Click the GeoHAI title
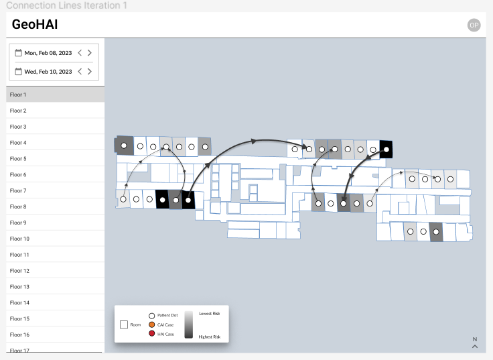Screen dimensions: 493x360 (x=35, y=25)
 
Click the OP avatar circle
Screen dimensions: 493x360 (x=474, y=25)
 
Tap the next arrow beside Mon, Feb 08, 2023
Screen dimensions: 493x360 (x=90, y=53)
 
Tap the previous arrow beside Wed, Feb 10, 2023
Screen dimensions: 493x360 (x=80, y=72)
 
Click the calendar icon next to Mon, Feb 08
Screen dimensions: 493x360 (x=19, y=52)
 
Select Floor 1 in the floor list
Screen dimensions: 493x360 (x=18, y=95)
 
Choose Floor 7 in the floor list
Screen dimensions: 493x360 (x=18, y=190)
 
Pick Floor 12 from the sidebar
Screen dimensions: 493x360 (x=19, y=271)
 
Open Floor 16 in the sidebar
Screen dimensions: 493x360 (x=19, y=335)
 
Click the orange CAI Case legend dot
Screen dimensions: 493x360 (x=152, y=324)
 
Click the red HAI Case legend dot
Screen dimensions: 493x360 (x=152, y=334)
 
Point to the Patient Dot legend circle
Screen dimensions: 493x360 (x=152, y=315)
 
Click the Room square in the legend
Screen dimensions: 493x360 (x=124, y=324)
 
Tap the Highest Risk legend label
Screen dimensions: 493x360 (x=210, y=337)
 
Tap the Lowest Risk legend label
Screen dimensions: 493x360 (x=210, y=314)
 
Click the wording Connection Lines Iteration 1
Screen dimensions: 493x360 (x=66, y=5)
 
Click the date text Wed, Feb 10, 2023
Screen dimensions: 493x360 (x=48, y=72)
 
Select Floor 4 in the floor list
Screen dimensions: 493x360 (x=18, y=143)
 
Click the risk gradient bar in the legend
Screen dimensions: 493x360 (x=189, y=324)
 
